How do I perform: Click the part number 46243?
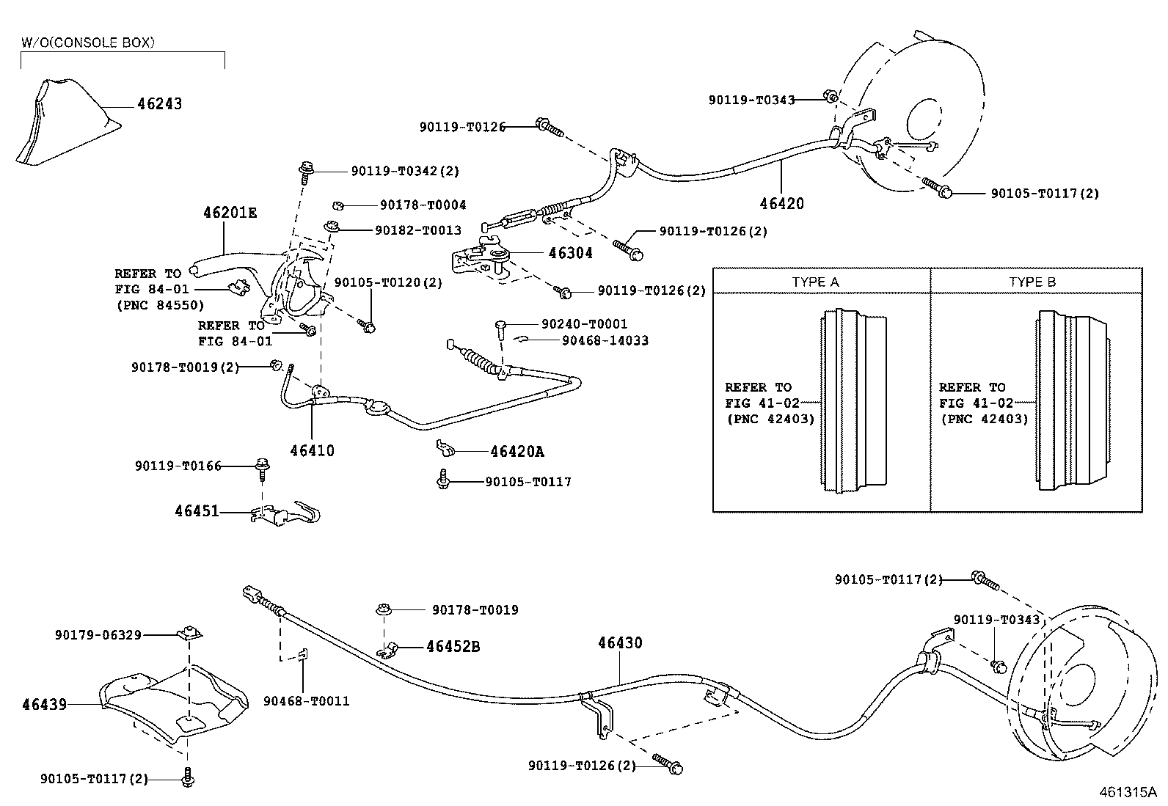point(159,104)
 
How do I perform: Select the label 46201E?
point(230,213)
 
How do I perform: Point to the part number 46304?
point(570,254)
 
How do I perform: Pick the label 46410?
point(312,450)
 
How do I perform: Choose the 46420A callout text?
point(517,452)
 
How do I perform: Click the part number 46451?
point(197,510)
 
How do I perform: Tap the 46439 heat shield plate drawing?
point(172,704)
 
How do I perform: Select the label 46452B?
point(453,647)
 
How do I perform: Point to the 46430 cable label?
point(620,643)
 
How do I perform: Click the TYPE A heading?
point(815,282)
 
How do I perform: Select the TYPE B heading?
point(1032,282)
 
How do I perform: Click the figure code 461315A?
point(1127,792)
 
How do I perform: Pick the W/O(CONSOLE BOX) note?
point(87,43)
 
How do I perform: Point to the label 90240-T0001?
point(584,324)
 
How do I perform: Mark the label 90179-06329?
point(98,635)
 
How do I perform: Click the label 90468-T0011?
point(306,701)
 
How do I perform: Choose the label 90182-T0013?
point(417,230)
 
